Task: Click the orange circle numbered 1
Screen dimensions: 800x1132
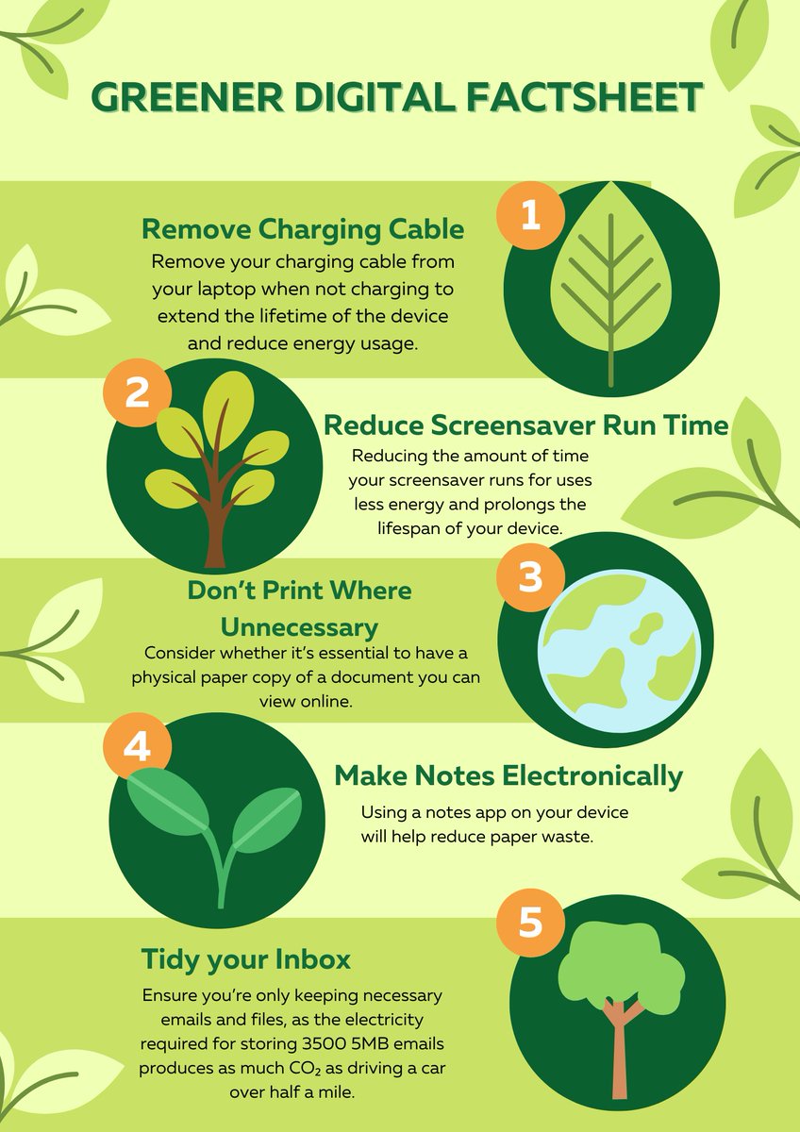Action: (530, 215)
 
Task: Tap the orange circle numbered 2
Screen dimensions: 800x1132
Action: (137, 392)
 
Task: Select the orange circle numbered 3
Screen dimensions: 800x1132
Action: (530, 577)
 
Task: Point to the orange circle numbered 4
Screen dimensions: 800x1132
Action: (137, 746)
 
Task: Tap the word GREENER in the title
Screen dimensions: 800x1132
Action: (188, 96)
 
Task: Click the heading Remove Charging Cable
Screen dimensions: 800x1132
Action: (303, 229)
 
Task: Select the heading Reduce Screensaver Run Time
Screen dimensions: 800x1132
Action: (525, 425)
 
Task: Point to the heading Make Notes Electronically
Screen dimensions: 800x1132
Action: (508, 775)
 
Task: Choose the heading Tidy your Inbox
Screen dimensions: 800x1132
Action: (245, 958)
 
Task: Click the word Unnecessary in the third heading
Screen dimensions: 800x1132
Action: (299, 627)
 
